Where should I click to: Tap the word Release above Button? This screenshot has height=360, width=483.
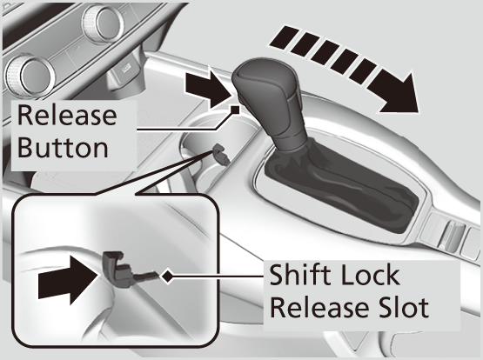click(x=67, y=115)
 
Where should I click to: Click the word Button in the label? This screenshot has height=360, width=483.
click(x=63, y=148)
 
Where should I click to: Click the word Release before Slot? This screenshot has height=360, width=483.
click(x=319, y=307)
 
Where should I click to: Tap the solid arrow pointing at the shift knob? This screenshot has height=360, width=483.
click(x=208, y=90)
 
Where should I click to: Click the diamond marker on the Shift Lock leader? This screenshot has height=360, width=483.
click(x=168, y=277)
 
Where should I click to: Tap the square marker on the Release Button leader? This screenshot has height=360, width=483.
click(x=235, y=110)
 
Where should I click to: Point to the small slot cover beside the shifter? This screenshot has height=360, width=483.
click(x=220, y=153)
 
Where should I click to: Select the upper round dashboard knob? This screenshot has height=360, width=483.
click(x=104, y=23)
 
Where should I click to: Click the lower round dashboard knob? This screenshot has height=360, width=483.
click(x=30, y=76)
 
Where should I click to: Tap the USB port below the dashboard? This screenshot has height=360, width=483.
click(x=125, y=69)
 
